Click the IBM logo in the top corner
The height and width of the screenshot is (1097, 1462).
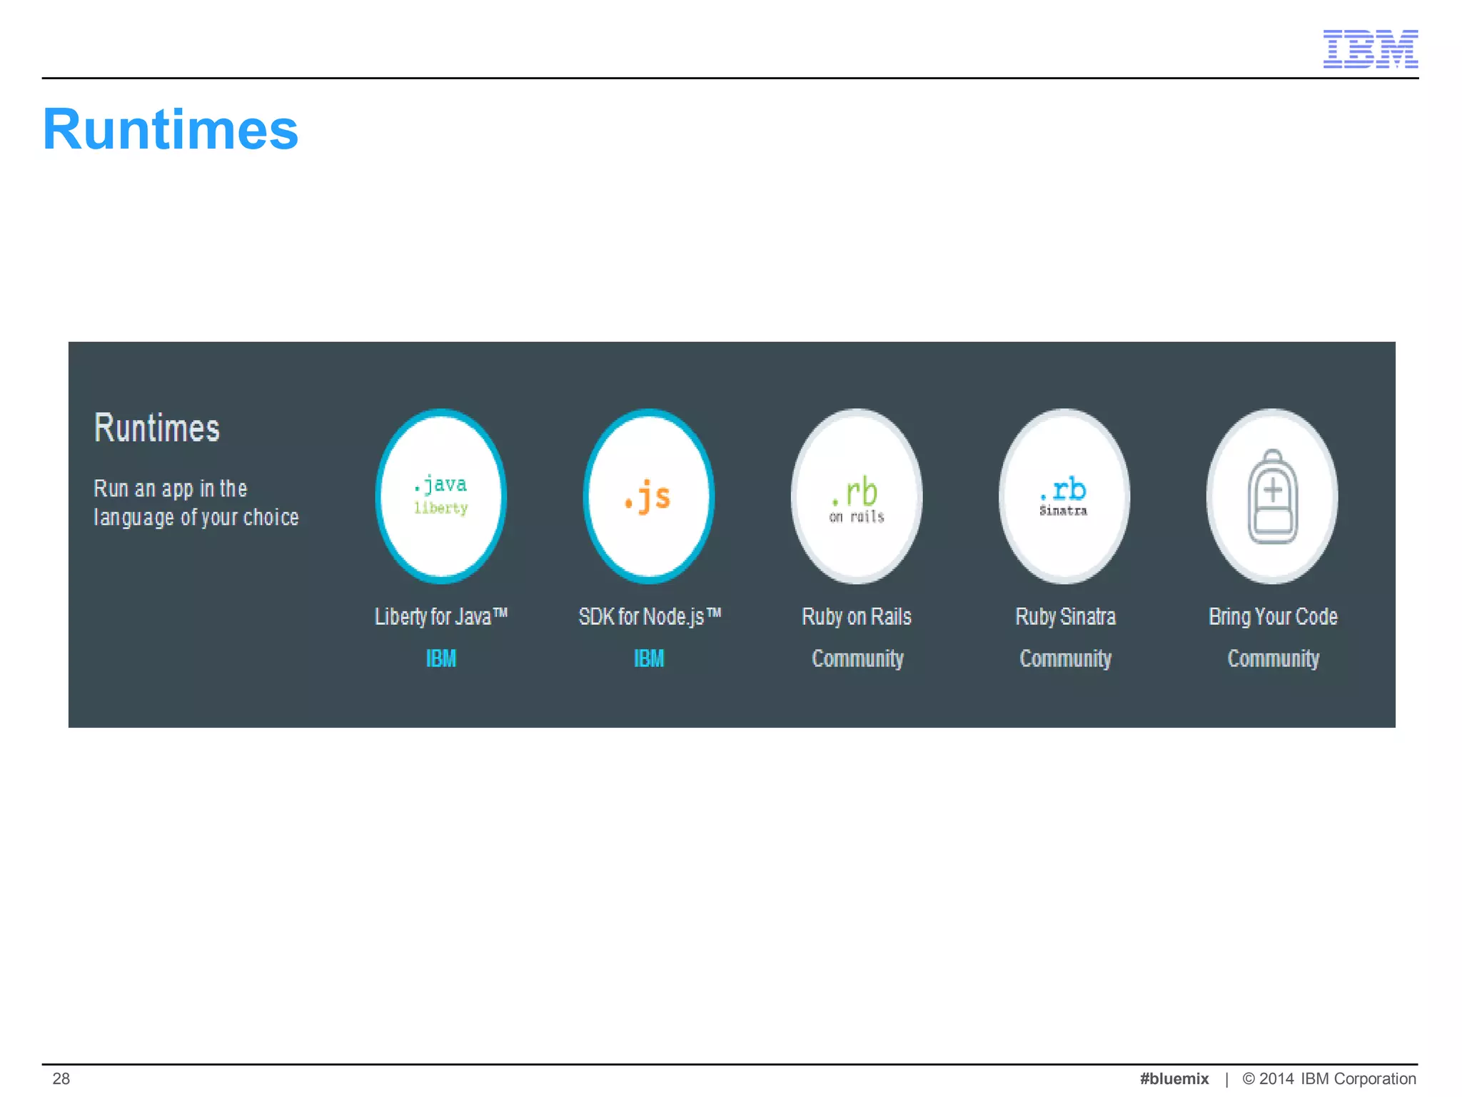pos(1370,49)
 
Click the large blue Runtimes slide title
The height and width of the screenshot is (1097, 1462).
pos(171,129)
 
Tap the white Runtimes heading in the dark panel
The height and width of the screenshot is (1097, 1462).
pos(157,429)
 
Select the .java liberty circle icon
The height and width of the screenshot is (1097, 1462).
pos(441,496)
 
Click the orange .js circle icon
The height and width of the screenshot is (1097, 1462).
pos(648,496)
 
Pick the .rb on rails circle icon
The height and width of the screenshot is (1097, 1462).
pos(857,496)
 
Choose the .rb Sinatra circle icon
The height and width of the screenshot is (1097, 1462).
pos(1064,496)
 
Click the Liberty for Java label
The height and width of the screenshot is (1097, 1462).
pos(440,616)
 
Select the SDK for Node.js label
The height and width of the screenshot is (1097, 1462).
pos(649,616)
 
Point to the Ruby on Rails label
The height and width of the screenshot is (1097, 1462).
pos(857,616)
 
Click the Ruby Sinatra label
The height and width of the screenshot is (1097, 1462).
pos(1065,616)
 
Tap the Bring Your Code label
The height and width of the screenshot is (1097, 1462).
pos(1273,616)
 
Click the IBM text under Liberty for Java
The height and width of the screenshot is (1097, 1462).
pos(440,658)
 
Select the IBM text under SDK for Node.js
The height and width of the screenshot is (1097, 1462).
pos(649,658)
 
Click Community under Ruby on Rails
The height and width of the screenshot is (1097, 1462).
pos(857,658)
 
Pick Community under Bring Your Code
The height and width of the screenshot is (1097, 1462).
pos(1273,658)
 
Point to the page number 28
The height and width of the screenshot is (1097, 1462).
pos(61,1078)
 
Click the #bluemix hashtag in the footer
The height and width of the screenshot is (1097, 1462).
pos(1174,1078)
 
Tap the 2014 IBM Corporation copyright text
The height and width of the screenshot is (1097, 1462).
pos(1329,1078)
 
